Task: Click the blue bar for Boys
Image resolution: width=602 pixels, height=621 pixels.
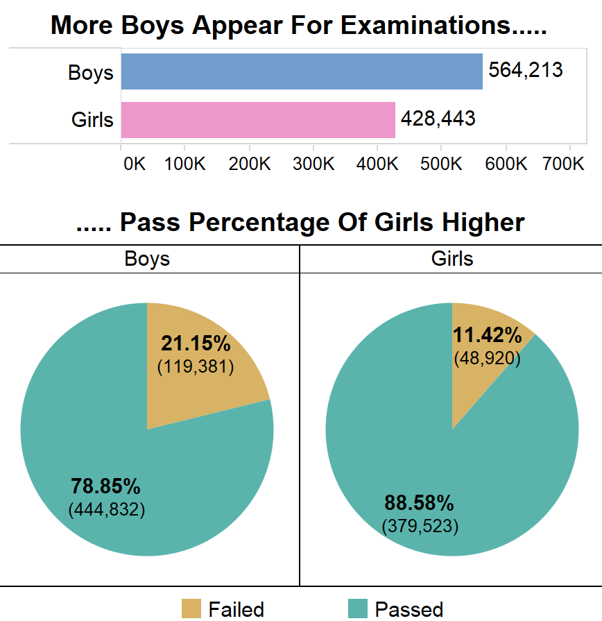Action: [x=302, y=71]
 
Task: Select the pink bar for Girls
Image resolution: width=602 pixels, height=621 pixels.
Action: [x=258, y=119]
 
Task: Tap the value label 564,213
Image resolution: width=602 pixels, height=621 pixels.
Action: [x=525, y=70]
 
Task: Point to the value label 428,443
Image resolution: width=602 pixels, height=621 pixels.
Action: [x=438, y=118]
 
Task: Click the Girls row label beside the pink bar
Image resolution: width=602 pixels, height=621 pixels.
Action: [x=92, y=119]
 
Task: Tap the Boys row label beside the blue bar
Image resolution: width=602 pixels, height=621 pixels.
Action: [x=90, y=72]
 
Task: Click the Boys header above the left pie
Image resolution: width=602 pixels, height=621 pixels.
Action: [x=147, y=259]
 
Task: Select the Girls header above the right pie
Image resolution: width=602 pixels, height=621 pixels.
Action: [x=452, y=259]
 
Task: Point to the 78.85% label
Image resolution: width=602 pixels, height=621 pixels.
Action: [x=106, y=486]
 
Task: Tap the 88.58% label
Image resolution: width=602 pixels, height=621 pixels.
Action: [x=420, y=502]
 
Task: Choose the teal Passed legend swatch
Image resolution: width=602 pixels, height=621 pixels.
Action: [x=357, y=609]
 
